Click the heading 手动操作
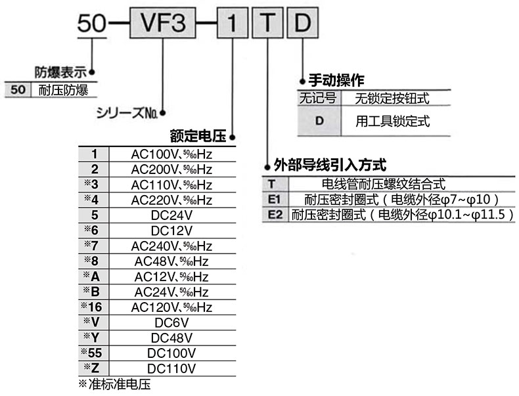(336, 81)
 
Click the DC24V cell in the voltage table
(171, 215)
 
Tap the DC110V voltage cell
(171, 368)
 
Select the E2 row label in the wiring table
(275, 215)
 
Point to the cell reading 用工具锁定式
(392, 121)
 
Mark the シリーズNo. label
(126, 112)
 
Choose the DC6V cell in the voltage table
(171, 322)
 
